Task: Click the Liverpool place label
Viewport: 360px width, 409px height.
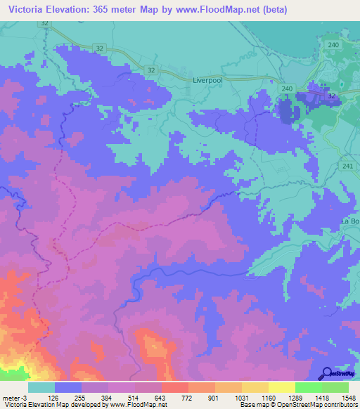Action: pyautogui.click(x=207, y=81)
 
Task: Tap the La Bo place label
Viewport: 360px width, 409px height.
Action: pyautogui.click(x=349, y=222)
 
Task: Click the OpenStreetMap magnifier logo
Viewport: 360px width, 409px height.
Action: pyautogui.click(x=327, y=374)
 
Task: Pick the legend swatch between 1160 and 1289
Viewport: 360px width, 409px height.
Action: pyautogui.click(x=282, y=387)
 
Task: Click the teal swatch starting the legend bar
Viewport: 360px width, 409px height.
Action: pyautogui.click(x=41, y=387)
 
